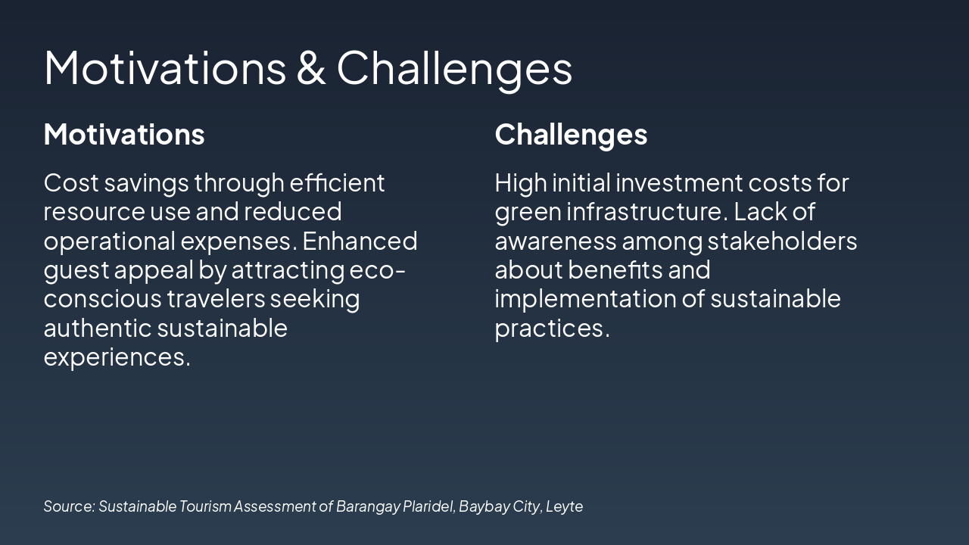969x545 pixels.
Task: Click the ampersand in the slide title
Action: [311, 67]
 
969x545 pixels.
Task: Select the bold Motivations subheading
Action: [124, 134]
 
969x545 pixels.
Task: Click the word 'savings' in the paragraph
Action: [146, 184]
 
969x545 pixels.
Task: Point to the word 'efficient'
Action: [337, 182]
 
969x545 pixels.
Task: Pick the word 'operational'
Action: [110, 241]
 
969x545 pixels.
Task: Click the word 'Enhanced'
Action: [360, 241]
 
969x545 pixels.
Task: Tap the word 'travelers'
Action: [216, 298]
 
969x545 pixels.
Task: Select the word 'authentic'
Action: [98, 328]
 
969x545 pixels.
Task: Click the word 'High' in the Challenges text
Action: [521, 183]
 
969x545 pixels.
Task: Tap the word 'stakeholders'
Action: [782, 241]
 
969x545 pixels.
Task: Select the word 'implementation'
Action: [585, 300]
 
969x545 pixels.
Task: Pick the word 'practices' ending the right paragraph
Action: [550, 329]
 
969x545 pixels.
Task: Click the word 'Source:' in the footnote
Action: [69, 506]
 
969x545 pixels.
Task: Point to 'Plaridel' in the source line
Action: [428, 506]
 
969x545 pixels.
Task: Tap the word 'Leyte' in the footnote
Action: [564, 506]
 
